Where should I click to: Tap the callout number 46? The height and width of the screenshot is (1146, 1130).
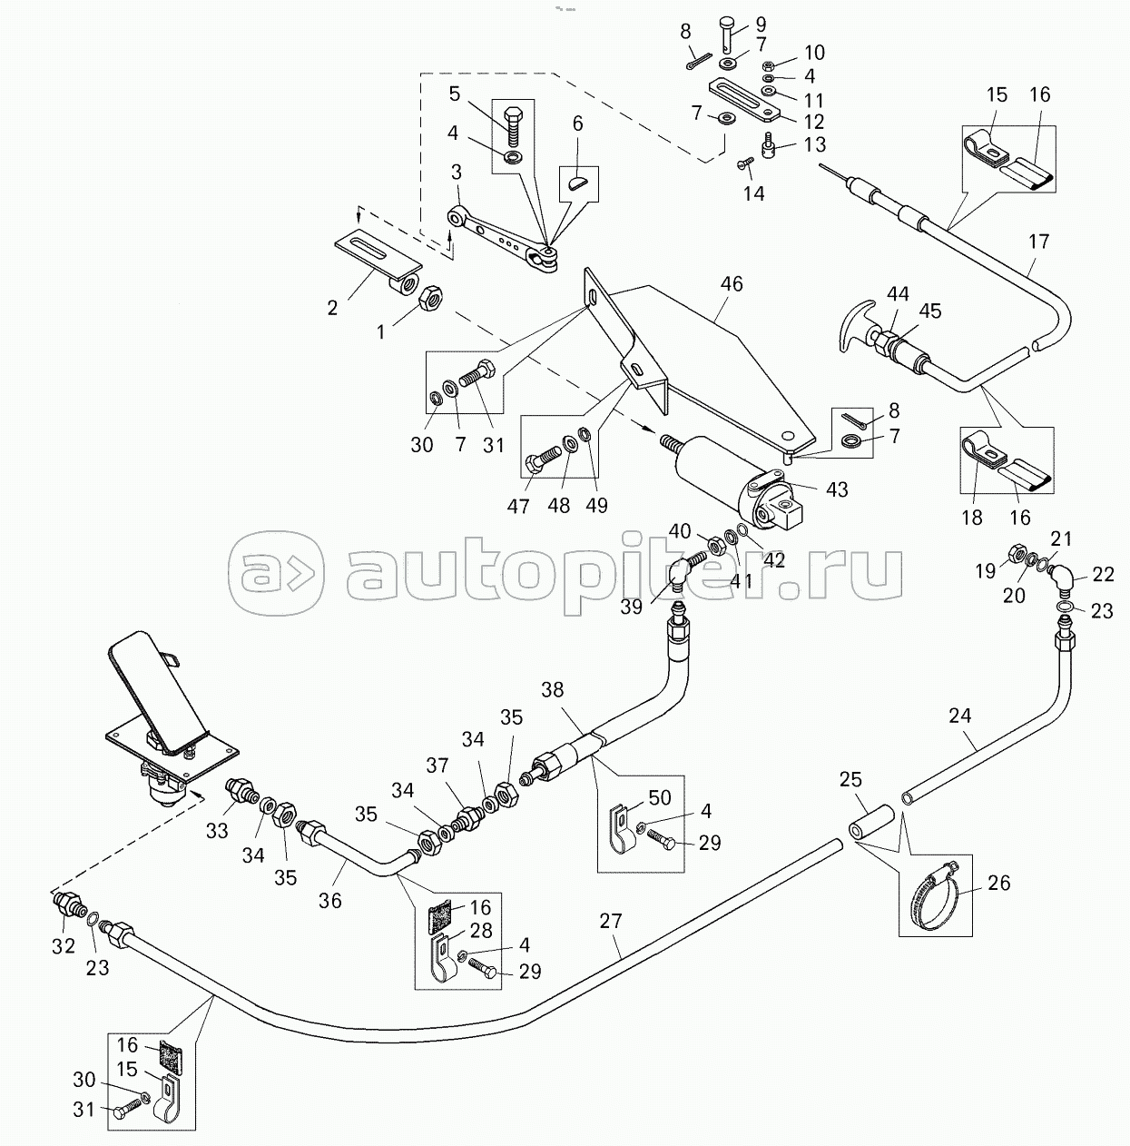(x=732, y=284)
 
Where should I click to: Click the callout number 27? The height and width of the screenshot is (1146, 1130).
(x=610, y=921)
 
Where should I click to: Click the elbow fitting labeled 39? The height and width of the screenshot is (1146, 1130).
(x=683, y=569)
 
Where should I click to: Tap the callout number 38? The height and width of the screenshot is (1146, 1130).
(x=552, y=690)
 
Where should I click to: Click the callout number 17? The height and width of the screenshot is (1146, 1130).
(x=1038, y=242)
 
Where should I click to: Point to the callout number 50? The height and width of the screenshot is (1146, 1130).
(x=659, y=797)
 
